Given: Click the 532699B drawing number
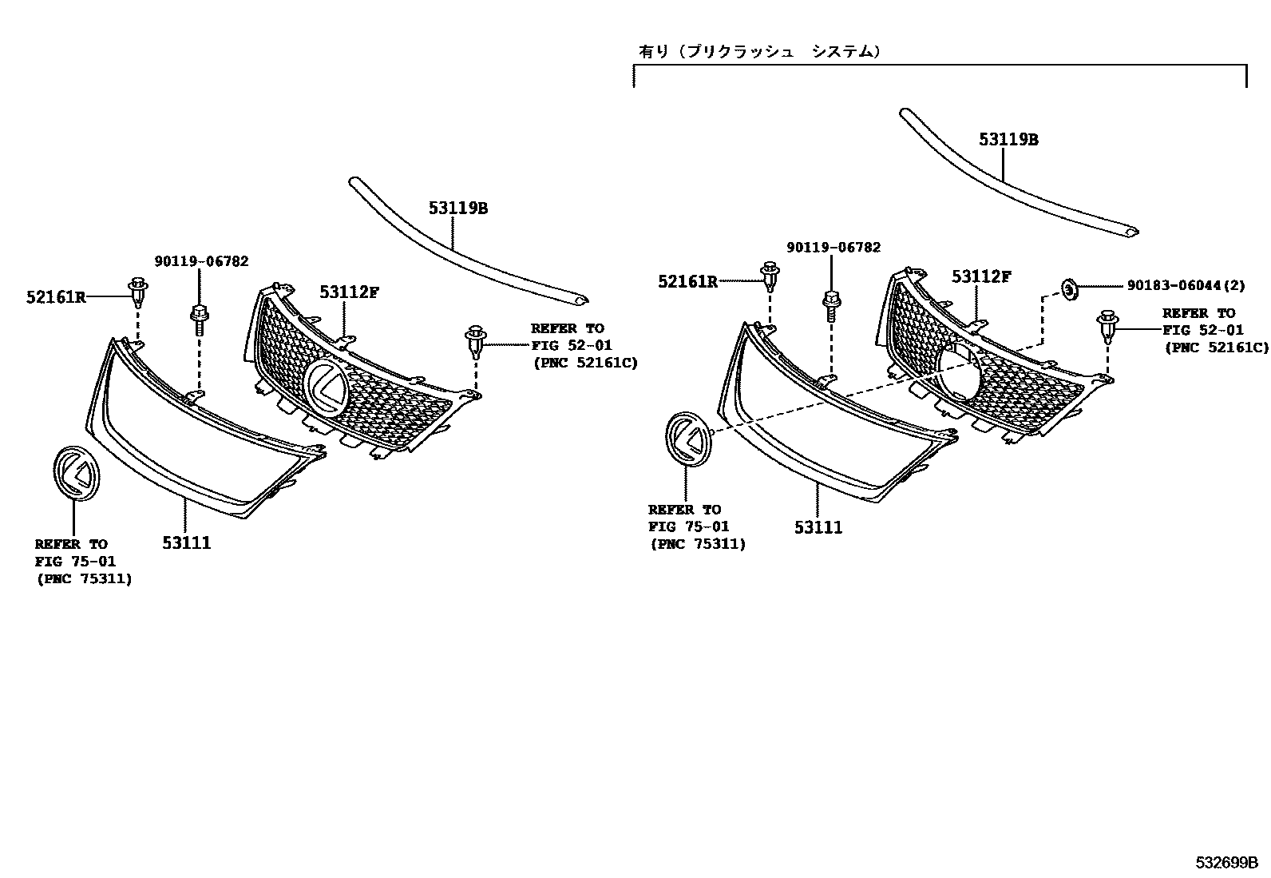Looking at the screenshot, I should [1226, 863].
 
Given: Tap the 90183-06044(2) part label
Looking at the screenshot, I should [1186, 285].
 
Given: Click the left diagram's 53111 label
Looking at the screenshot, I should [186, 543].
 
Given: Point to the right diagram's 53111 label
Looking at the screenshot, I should [818, 528].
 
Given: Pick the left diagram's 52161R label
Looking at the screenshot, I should [56, 297].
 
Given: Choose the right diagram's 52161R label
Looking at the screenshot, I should [687, 281].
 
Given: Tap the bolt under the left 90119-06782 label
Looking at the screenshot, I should [197, 316].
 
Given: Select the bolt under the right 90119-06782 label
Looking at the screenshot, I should [830, 304].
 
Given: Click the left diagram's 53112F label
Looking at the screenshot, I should [349, 292].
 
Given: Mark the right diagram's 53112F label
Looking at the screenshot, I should [981, 277].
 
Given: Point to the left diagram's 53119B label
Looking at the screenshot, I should [457, 209].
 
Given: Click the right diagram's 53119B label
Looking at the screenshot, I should [1008, 140].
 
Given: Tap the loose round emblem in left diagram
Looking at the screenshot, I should [73, 474].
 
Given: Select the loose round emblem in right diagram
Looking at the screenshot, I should [687, 439].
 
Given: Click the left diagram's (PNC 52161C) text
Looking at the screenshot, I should [585, 363].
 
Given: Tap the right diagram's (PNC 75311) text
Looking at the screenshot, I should [698, 544].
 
